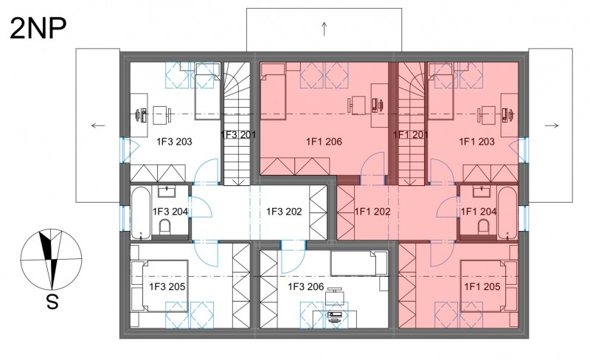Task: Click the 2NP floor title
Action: [38, 29]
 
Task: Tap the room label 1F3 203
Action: [174, 142]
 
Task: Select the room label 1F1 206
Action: [324, 142]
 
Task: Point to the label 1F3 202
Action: [284, 212]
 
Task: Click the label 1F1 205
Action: [482, 287]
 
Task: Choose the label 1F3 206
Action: [306, 287]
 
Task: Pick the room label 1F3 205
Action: [167, 287]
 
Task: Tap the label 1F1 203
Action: [476, 142]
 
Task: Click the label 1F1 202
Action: [372, 212]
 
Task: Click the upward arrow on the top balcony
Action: [324, 29]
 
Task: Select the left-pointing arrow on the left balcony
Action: [98, 125]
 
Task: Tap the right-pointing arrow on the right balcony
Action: [552, 125]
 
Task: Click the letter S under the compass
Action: [52, 301]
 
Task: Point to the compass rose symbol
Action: [51, 260]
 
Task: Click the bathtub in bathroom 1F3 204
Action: [141, 212]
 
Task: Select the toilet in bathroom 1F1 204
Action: [484, 227]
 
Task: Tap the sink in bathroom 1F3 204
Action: [167, 192]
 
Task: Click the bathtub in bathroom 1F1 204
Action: [507, 212]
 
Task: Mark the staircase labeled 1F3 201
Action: [237, 123]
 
